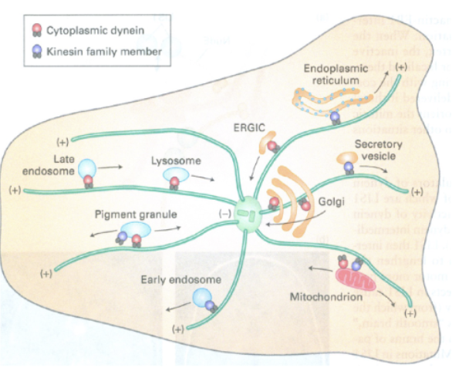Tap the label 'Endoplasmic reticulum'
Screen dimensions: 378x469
point(332,73)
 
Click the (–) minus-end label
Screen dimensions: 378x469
point(227,211)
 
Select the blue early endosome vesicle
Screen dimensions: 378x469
point(202,297)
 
